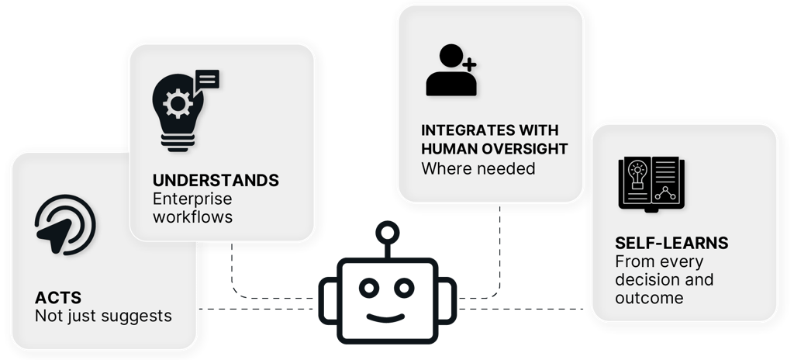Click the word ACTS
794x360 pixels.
point(58,299)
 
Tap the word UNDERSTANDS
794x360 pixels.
point(216,180)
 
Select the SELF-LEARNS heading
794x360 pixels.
point(671,243)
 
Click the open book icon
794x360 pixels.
point(652,184)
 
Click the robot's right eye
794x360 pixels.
point(412,288)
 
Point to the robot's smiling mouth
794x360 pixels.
point(391,317)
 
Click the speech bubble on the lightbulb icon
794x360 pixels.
point(208,79)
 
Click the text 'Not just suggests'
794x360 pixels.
point(103,317)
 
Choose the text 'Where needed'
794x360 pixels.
point(478,168)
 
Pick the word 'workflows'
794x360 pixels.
point(192,216)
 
